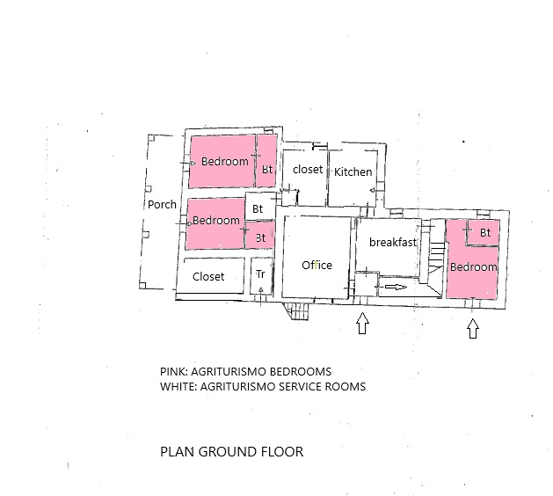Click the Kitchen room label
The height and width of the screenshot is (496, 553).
(353, 172)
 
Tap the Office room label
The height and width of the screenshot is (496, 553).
(317, 266)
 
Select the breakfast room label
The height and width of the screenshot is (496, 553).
(393, 242)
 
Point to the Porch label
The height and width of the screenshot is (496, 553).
(162, 205)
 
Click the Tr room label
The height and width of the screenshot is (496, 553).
(260, 274)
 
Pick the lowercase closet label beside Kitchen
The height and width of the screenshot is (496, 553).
(308, 170)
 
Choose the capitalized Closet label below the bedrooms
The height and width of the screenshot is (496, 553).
(208, 276)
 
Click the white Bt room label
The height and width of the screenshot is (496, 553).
(258, 208)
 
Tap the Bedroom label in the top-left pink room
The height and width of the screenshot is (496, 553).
(225, 162)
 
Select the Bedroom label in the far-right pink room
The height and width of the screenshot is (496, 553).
(473, 267)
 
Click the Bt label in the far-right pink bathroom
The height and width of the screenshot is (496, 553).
(485, 233)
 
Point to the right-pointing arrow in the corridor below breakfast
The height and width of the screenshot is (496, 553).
(396, 288)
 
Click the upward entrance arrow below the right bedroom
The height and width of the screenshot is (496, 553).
(473, 328)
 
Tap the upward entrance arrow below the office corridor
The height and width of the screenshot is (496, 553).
(362, 323)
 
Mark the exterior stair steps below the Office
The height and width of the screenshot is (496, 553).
(298, 311)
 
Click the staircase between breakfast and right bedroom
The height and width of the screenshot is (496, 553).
(436, 258)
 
